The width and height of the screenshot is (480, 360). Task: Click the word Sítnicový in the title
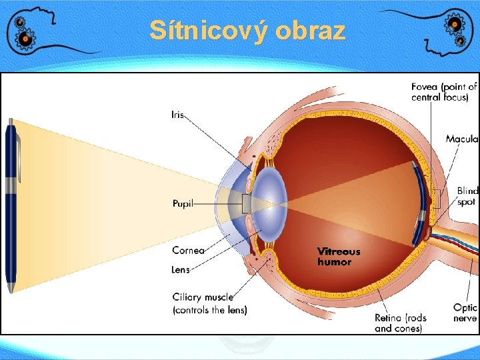(x=200, y=31)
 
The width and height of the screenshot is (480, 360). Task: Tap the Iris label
(x=177, y=115)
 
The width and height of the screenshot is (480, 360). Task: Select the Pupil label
(x=183, y=203)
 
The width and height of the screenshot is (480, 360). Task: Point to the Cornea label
(x=188, y=251)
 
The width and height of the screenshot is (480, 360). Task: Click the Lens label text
(x=181, y=270)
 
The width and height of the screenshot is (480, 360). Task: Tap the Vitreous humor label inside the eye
(x=339, y=257)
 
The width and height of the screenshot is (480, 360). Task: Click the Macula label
(x=462, y=139)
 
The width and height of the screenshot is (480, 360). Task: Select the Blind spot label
(x=467, y=196)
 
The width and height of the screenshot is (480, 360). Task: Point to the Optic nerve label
(x=465, y=313)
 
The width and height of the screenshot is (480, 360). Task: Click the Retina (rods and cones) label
(x=400, y=323)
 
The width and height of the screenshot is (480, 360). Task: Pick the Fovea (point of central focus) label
(x=444, y=92)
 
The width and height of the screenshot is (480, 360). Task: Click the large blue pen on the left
(x=11, y=207)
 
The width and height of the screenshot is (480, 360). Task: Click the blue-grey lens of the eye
(x=269, y=203)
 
